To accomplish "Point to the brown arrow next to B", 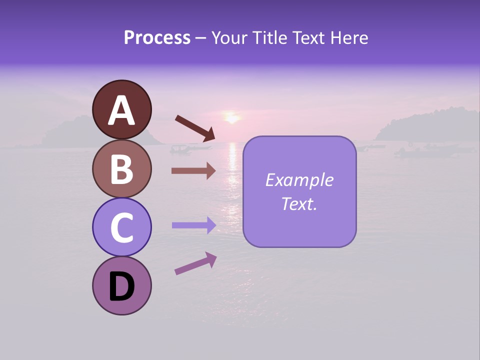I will pyautogui.click(x=193, y=171).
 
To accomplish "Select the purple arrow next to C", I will pyautogui.click(x=193, y=225).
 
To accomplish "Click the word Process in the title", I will pyautogui.click(x=157, y=37).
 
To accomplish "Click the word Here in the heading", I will pyautogui.click(x=349, y=37).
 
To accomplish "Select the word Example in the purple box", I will pyautogui.click(x=299, y=180).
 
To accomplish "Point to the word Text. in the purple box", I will pyautogui.click(x=299, y=203).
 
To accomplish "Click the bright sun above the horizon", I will pyautogui.click(x=231, y=118).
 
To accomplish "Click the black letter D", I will pyautogui.click(x=122, y=287).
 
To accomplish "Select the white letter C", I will pyautogui.click(x=122, y=227).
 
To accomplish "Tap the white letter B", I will pyautogui.click(x=122, y=169).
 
